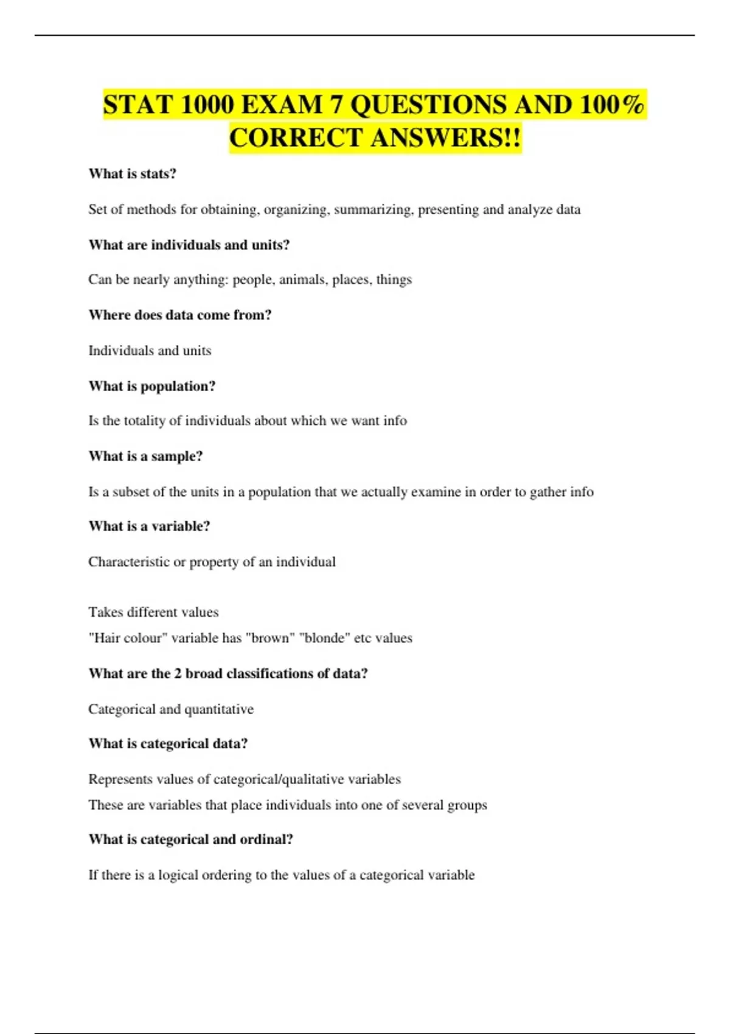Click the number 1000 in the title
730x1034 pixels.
point(207,105)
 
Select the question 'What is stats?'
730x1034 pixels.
point(132,174)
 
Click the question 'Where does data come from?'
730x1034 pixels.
point(180,315)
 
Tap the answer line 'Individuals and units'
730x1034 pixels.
point(150,351)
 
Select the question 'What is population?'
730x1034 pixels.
point(152,386)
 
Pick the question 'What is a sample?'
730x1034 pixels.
point(145,456)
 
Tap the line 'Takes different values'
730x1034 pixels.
point(153,612)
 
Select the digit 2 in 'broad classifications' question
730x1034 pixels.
point(178,674)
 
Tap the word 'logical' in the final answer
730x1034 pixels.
point(178,875)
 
